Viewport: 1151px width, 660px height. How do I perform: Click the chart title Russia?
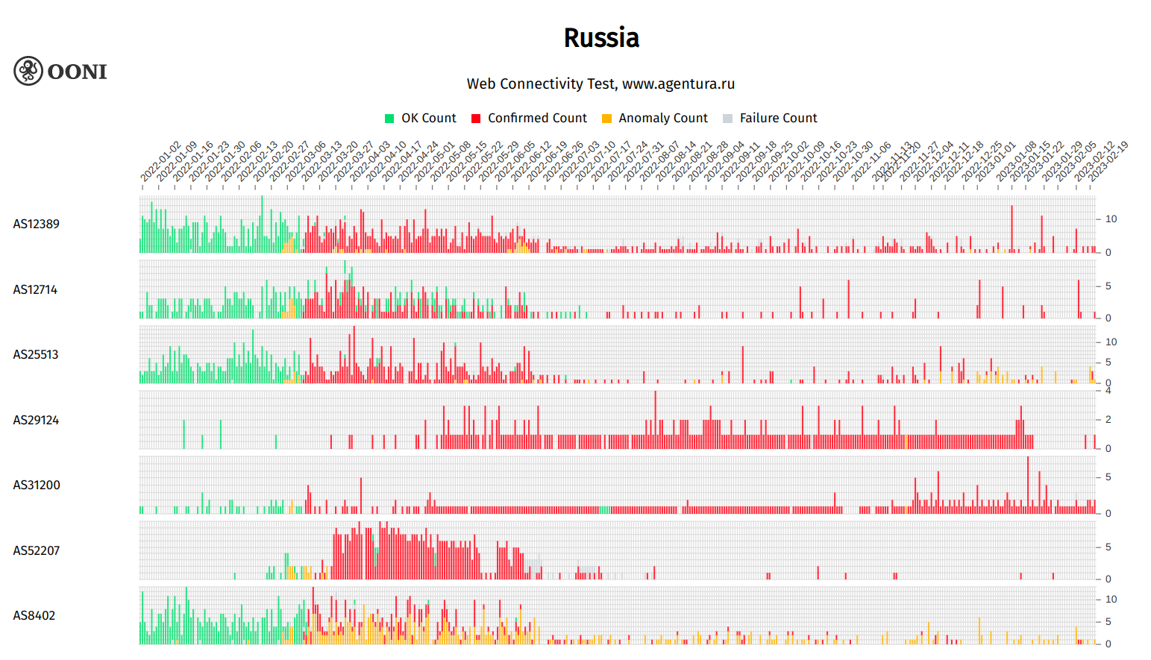coord(601,38)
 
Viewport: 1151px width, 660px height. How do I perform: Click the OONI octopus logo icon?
coord(28,71)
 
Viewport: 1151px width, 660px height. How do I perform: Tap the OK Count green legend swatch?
coord(389,119)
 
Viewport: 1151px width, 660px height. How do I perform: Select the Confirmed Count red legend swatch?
coord(476,119)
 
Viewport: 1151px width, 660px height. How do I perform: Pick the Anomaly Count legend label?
coord(662,118)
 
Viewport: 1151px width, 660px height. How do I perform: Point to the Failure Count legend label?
coord(778,118)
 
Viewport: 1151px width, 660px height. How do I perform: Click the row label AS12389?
coord(36,224)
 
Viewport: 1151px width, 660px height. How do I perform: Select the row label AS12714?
coord(35,289)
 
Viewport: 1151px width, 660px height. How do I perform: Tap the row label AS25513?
coord(36,354)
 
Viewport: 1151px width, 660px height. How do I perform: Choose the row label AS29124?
coord(36,420)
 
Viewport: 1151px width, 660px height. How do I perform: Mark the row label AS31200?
coord(36,485)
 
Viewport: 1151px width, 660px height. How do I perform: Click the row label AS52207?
coord(36,550)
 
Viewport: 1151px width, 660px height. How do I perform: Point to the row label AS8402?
coord(34,615)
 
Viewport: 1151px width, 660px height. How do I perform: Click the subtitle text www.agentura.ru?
coord(678,84)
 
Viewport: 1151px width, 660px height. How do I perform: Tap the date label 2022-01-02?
coord(160,161)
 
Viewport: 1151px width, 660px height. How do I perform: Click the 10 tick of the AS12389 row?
coord(1111,219)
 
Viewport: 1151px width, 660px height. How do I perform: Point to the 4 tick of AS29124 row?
coord(1108,390)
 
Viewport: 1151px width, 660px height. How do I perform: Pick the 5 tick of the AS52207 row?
coord(1108,547)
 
